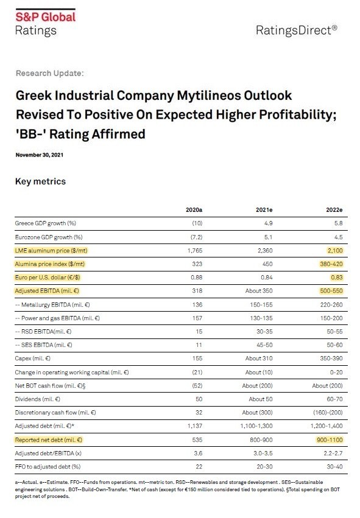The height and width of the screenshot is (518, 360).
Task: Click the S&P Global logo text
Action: click(x=46, y=17)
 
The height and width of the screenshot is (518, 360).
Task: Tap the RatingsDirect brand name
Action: click(x=297, y=30)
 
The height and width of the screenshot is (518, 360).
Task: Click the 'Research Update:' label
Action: click(x=49, y=73)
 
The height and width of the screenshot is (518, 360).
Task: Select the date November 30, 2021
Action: click(x=40, y=155)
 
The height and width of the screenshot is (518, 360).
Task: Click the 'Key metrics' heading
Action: click(x=40, y=181)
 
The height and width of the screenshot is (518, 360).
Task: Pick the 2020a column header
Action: click(x=194, y=210)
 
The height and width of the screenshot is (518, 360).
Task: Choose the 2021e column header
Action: click(x=264, y=210)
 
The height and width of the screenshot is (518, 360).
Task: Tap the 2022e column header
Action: click(x=334, y=210)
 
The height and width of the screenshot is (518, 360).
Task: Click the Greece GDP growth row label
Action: click(x=45, y=223)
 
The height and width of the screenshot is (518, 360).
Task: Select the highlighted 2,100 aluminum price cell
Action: click(x=335, y=251)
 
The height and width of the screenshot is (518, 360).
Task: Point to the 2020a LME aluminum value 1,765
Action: click(x=195, y=251)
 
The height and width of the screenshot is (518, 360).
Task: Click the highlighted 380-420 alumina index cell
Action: click(x=331, y=264)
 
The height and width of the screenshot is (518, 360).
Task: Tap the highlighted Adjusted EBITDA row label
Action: click(x=47, y=291)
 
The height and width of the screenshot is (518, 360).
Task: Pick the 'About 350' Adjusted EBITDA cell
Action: click(x=259, y=291)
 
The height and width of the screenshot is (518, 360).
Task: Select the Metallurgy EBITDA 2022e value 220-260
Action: click(x=331, y=304)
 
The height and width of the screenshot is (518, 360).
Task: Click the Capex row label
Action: click(x=33, y=359)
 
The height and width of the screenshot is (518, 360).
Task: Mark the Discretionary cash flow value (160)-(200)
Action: click(x=328, y=413)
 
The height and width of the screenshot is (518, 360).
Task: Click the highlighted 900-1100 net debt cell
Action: click(x=330, y=440)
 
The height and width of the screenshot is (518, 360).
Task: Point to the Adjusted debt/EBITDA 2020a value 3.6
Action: click(x=198, y=453)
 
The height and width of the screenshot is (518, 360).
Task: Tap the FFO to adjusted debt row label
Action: click(x=48, y=467)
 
